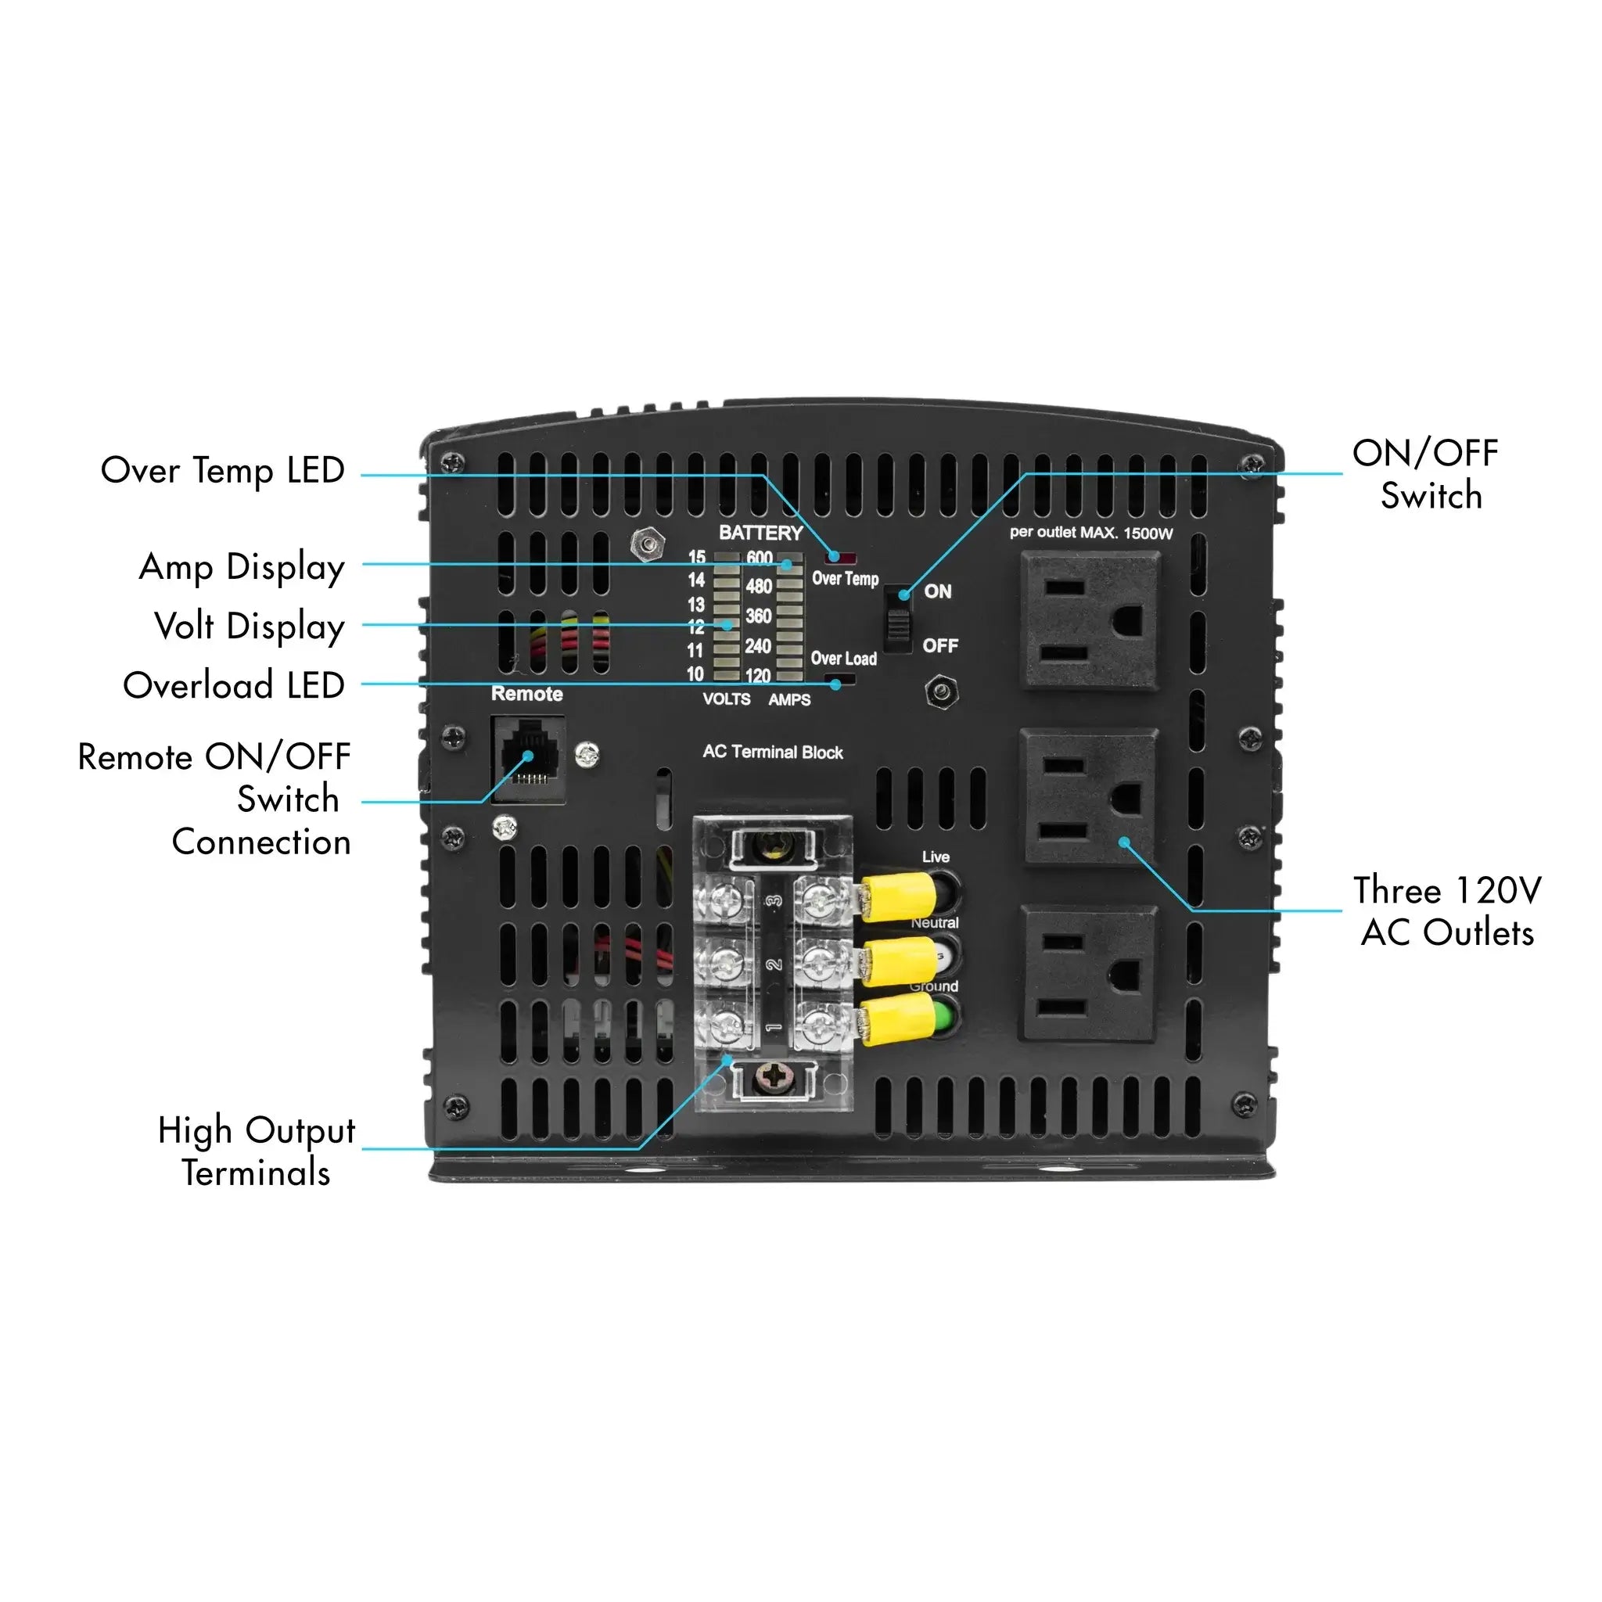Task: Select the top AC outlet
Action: [1090, 620]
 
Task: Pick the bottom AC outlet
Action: [1089, 973]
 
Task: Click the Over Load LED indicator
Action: [842, 682]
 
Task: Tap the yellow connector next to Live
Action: [899, 896]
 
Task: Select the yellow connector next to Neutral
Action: [899, 961]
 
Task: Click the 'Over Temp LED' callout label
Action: [222, 470]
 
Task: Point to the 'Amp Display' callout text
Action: [241, 567]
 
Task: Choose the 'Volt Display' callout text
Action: [249, 626]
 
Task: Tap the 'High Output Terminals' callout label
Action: [257, 1151]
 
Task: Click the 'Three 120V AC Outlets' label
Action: [1447, 911]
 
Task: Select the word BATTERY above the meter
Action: [760, 533]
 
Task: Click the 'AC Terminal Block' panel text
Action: [773, 752]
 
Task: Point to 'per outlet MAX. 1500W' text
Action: [1091, 533]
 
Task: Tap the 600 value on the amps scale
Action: [759, 557]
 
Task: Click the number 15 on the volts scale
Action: [696, 557]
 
